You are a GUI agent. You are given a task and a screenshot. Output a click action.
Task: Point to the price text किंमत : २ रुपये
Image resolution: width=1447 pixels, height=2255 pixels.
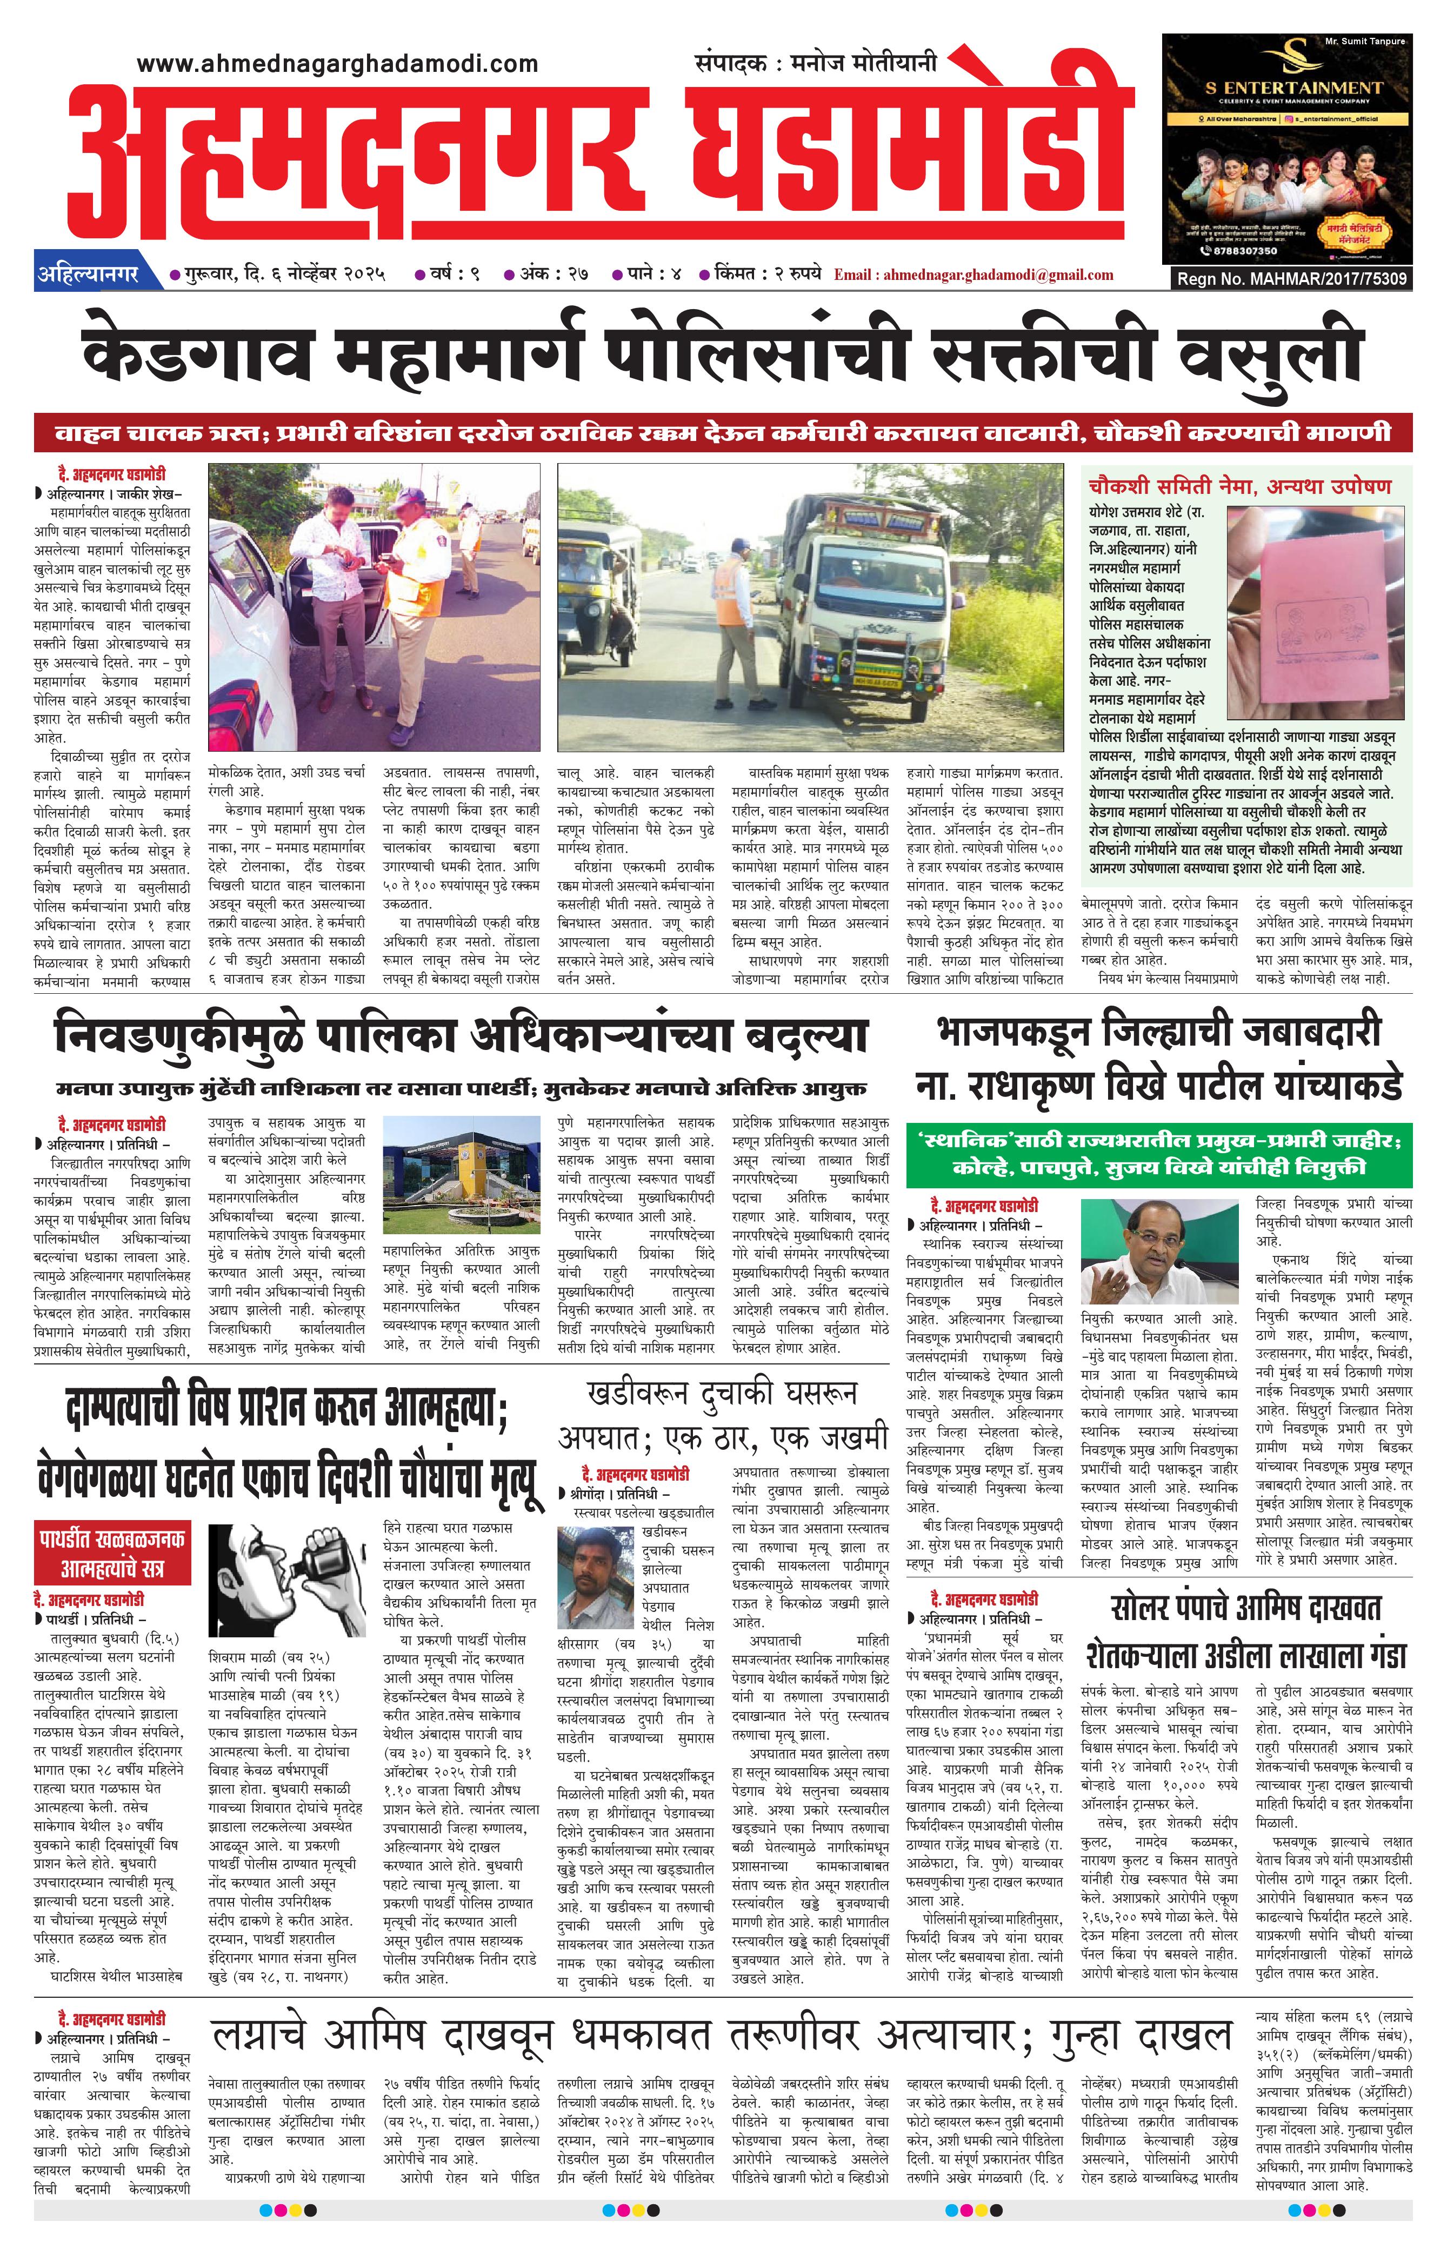[766, 275]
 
